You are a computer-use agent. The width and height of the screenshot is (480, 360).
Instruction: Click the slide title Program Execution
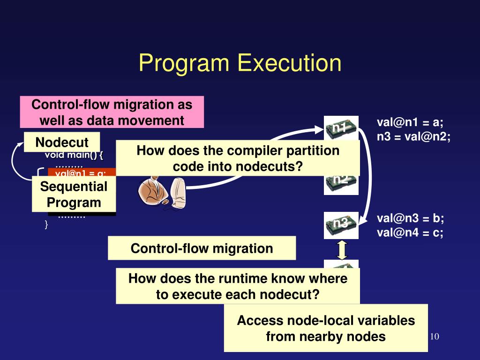tap(240, 63)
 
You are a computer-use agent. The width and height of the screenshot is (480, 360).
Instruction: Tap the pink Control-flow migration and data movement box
tap(112, 112)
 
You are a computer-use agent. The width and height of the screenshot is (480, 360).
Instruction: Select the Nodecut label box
tap(62, 142)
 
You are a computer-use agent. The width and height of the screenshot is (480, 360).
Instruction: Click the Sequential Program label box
tap(74, 195)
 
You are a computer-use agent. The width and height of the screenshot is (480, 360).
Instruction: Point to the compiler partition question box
tap(238, 158)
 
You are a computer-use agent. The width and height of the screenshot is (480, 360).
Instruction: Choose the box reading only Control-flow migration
tap(202, 248)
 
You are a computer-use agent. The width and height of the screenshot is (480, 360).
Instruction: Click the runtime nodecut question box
tap(238, 286)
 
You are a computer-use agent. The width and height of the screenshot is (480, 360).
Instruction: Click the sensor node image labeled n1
tap(341, 128)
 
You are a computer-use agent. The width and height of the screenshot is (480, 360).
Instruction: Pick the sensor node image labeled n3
tap(341, 225)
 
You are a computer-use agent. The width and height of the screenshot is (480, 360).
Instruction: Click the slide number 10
tap(434, 337)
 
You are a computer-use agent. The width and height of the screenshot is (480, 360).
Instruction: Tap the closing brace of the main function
tap(46, 225)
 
